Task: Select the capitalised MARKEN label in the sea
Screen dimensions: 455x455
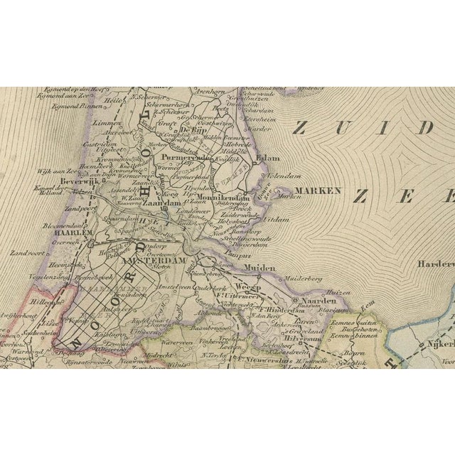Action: click(x=320, y=191)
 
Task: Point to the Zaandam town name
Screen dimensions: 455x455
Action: click(x=159, y=202)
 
